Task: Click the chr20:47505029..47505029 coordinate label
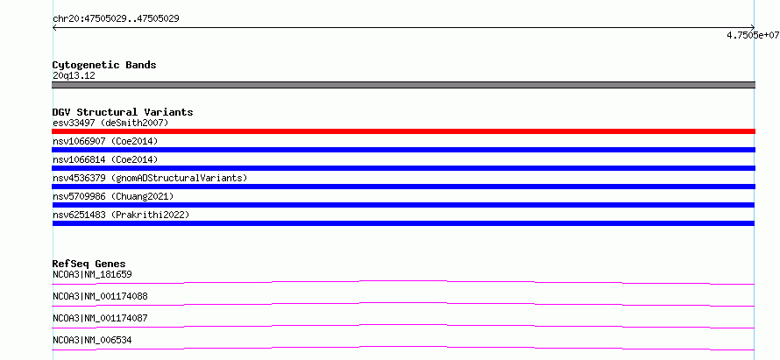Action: pos(116,19)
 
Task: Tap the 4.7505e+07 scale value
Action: pos(753,35)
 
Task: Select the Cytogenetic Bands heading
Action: pos(104,65)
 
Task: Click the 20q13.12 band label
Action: pos(74,76)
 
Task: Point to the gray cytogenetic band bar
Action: pos(403,85)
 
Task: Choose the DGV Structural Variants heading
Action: pos(123,112)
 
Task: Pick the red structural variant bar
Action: pos(403,131)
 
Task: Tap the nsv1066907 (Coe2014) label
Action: pos(105,141)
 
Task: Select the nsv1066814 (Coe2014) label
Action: pos(105,159)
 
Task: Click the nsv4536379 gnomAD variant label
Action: pos(150,178)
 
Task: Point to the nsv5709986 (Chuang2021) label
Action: pos(113,196)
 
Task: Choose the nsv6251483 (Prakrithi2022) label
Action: pos(121,215)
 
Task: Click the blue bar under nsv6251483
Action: pos(403,223)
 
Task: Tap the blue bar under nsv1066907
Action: pos(403,150)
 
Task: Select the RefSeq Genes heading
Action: pos(89,264)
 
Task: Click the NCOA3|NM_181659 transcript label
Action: pos(92,274)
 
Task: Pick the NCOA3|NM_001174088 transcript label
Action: pos(100,296)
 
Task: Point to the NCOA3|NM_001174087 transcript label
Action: pos(100,318)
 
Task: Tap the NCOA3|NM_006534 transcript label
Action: pos(92,340)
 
